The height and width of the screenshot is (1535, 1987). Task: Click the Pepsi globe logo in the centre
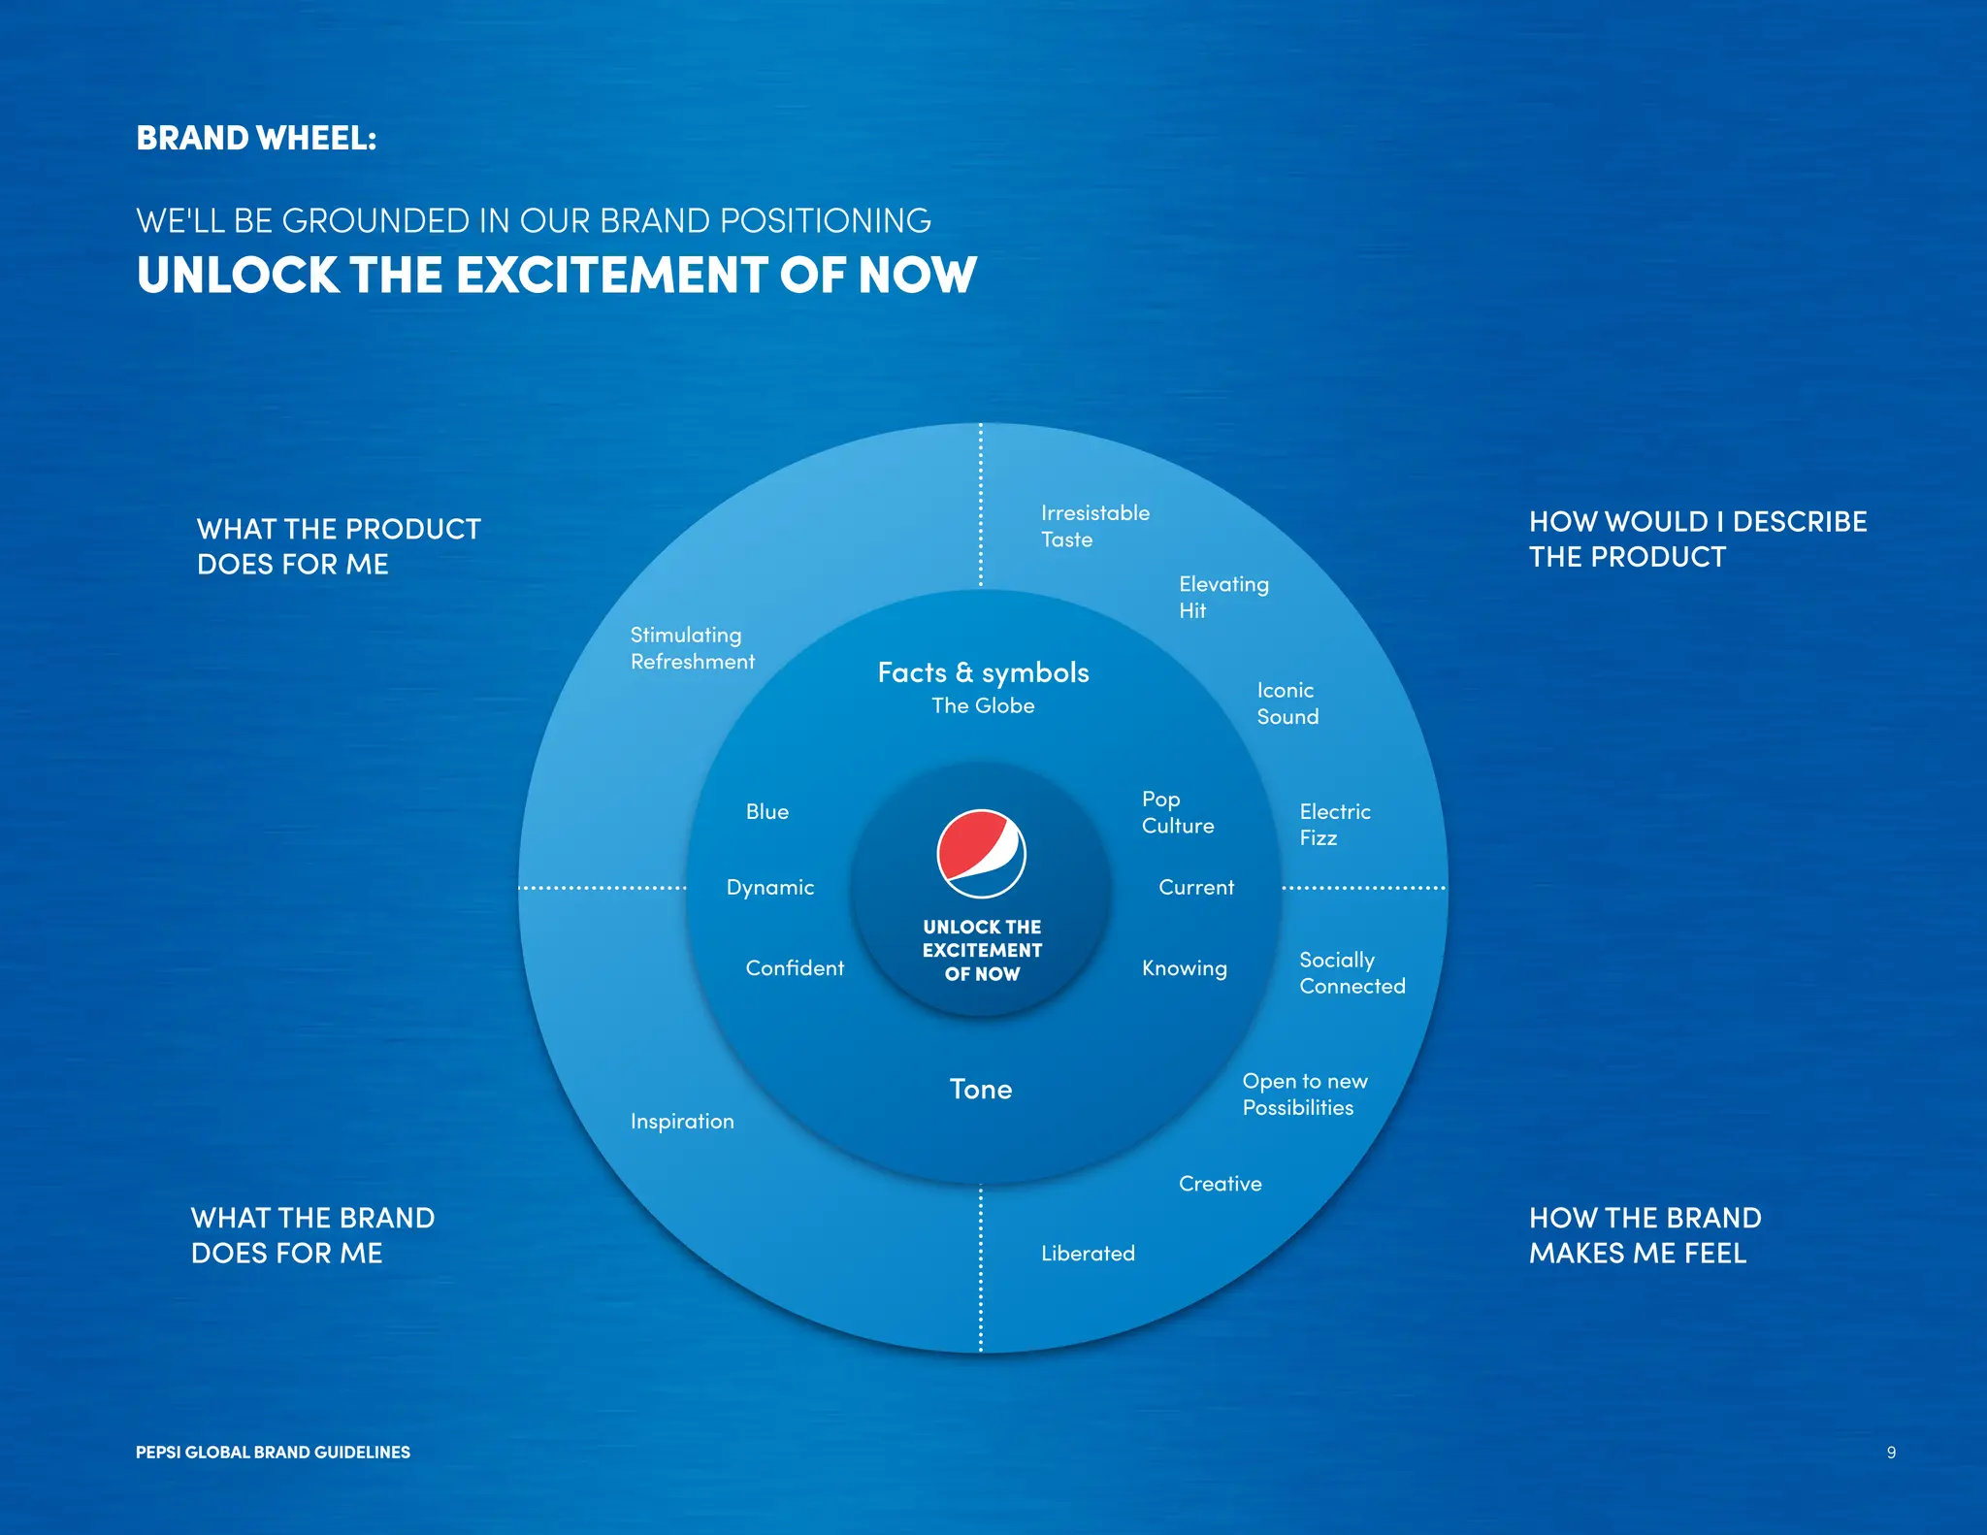[981, 853]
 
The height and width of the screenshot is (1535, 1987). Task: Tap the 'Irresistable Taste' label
[1094, 526]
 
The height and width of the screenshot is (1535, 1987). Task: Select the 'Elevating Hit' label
[1222, 597]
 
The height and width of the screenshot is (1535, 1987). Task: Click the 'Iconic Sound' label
[1287, 703]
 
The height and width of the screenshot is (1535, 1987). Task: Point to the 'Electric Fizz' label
[1334, 825]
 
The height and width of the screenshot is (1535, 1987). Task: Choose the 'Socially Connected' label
[1352, 972]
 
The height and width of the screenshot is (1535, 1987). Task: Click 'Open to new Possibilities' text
[1304, 1094]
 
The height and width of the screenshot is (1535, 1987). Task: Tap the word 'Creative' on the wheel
[1220, 1184]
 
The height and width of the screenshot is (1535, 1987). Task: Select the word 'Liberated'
[1088, 1254]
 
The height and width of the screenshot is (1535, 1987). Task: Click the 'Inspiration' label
[682, 1122]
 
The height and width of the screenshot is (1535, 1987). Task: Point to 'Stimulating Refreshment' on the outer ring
[692, 648]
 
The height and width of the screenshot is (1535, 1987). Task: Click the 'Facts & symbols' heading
[983, 672]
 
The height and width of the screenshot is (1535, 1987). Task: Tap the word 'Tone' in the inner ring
[980, 1090]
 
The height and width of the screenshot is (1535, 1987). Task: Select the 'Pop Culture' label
[1177, 812]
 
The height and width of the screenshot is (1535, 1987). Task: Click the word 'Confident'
[795, 968]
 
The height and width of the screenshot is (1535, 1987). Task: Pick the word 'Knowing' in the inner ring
[1184, 968]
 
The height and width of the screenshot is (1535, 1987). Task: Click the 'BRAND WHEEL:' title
[256, 138]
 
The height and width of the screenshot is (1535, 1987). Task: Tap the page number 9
[1891, 1453]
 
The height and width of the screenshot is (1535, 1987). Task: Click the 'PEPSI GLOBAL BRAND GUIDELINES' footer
[273, 1453]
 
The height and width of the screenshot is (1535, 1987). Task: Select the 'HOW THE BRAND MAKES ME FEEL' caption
[1645, 1235]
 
